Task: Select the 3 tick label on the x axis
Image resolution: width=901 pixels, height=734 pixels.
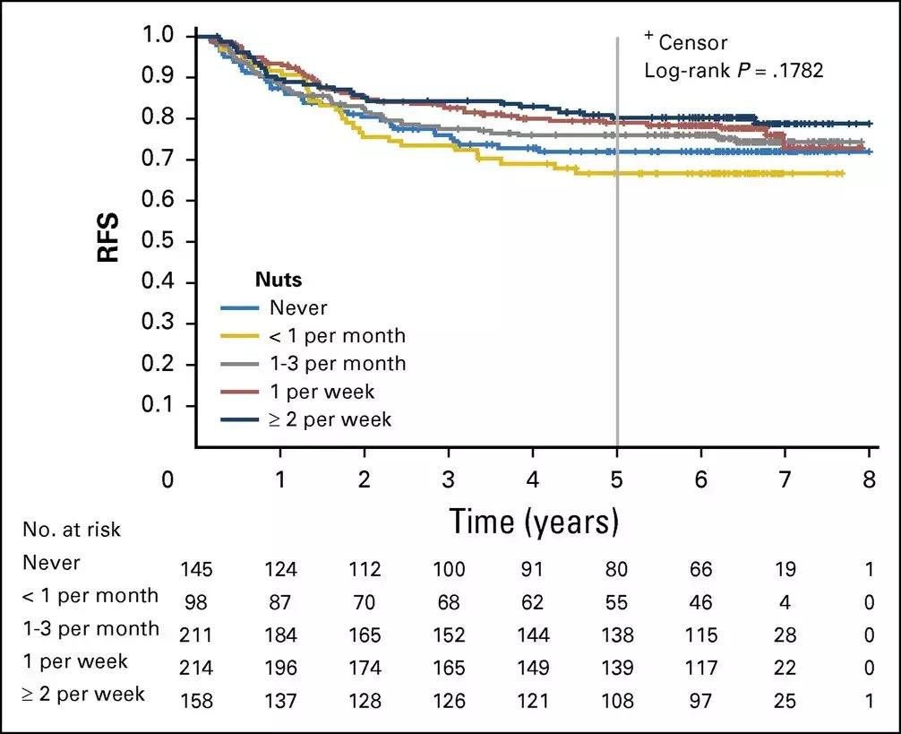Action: pyautogui.click(x=449, y=479)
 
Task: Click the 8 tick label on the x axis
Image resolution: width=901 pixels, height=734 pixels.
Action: pyautogui.click(x=869, y=479)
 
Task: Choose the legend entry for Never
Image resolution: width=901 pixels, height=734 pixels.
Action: pyautogui.click(x=297, y=308)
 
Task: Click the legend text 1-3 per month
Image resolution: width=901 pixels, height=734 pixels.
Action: pyautogui.click(x=336, y=364)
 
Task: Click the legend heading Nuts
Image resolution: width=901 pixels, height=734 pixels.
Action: pyautogui.click(x=278, y=281)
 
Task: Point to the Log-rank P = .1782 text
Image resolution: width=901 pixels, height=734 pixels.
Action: pyautogui.click(x=734, y=69)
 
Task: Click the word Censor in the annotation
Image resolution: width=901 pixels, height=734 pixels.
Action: pyautogui.click(x=693, y=42)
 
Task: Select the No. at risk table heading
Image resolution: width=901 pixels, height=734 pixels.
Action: pyautogui.click(x=73, y=529)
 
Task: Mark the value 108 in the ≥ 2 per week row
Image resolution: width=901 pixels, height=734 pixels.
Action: pyautogui.click(x=617, y=699)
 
